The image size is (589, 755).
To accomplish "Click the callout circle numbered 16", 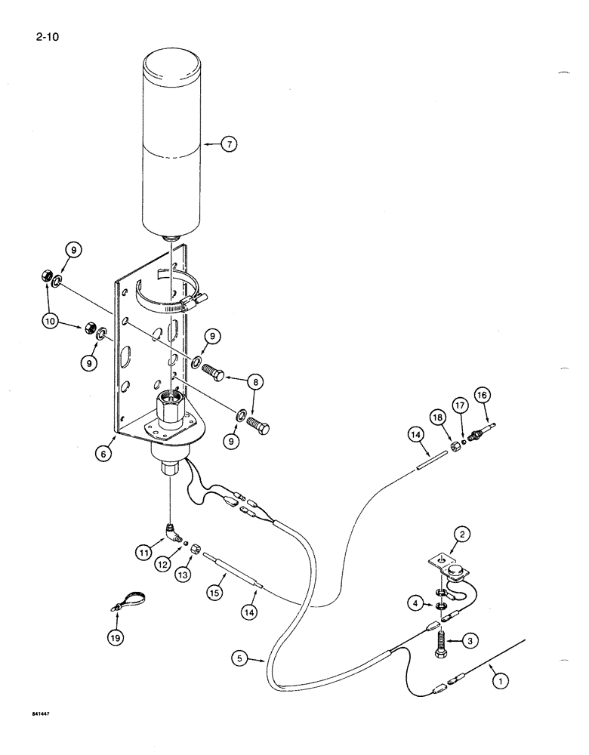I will tap(482, 395).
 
